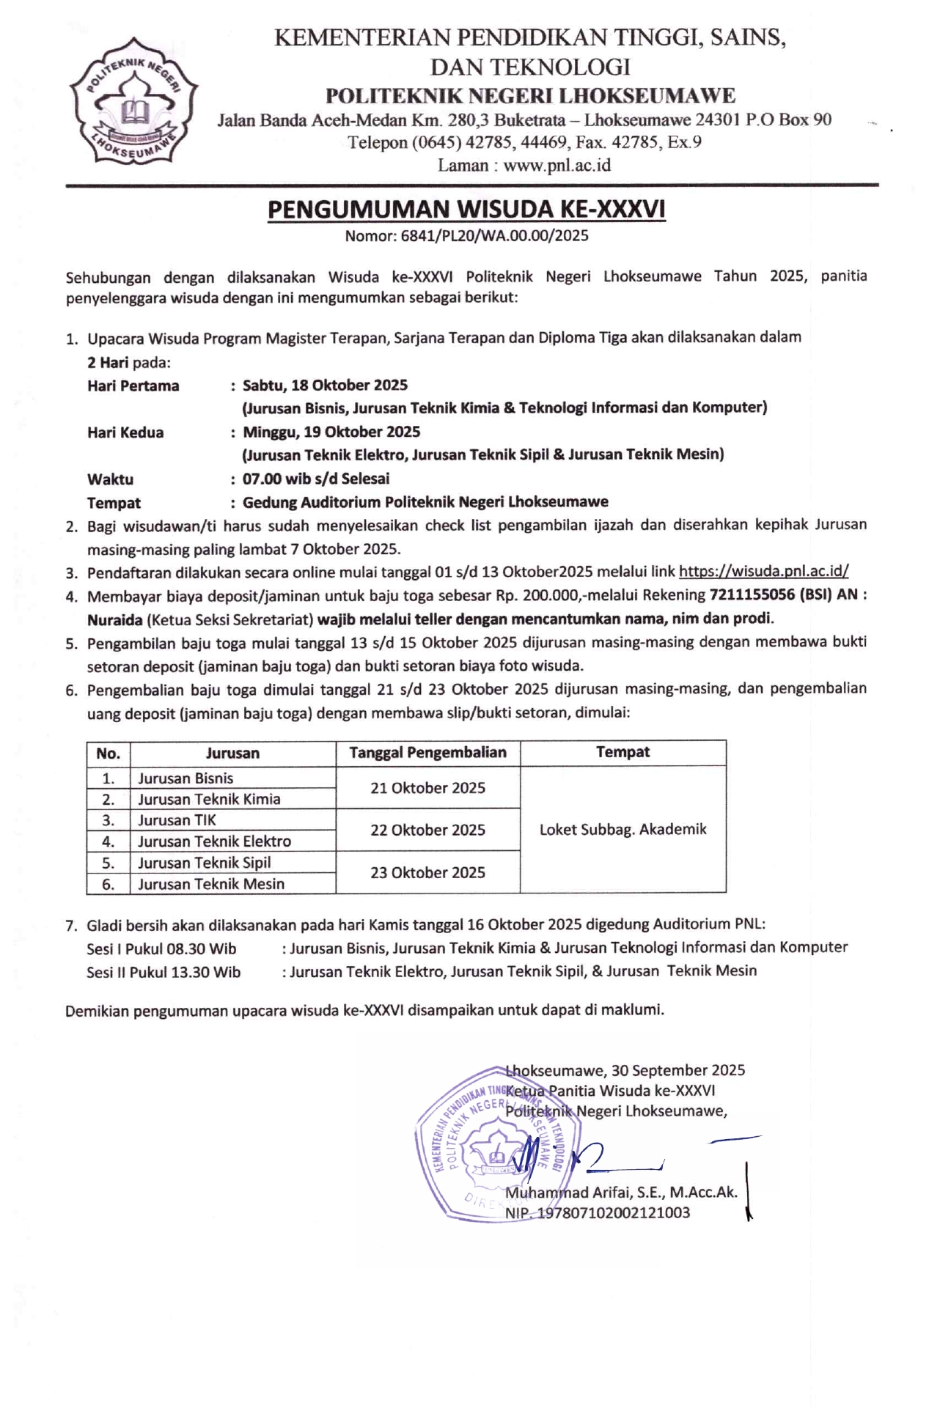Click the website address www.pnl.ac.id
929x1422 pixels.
(x=557, y=166)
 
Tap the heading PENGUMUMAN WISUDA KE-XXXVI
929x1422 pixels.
(x=466, y=210)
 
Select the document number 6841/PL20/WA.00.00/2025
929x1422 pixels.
(x=494, y=236)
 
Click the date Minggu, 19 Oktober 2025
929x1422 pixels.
(x=331, y=432)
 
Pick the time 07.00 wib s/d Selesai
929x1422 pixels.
(x=316, y=479)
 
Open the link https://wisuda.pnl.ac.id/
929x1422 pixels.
(x=763, y=572)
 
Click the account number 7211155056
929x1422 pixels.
(x=752, y=595)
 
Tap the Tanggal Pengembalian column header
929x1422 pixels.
(x=427, y=753)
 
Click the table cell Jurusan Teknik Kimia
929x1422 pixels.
(x=209, y=799)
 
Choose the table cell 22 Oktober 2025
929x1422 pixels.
(x=427, y=830)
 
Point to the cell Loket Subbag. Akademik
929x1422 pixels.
(x=623, y=830)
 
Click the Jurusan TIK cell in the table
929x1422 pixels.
(x=177, y=820)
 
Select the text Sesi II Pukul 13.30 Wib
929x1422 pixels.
(x=164, y=973)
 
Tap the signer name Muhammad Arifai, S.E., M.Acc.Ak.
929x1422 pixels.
(x=620, y=1193)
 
